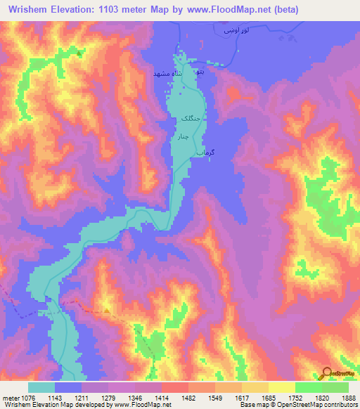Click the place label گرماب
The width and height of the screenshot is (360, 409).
[x=202, y=152]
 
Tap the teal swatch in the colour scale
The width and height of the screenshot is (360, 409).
[x=41, y=387]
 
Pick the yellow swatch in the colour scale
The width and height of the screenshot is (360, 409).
[x=281, y=387]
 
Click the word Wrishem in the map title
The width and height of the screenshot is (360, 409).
[x=27, y=10]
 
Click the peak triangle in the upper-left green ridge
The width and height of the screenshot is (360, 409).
[x=79, y=53]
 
